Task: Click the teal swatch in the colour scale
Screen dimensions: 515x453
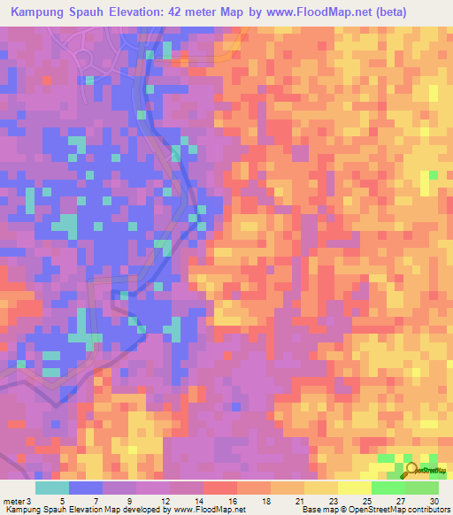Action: coord(52,488)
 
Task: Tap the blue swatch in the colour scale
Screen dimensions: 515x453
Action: coord(86,488)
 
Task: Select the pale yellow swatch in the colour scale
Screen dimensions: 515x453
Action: coord(355,488)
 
